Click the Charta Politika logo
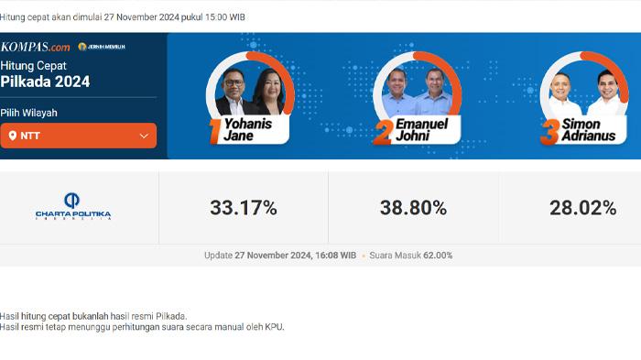[73, 207]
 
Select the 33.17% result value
[244, 208]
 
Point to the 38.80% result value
[413, 208]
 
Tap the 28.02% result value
[582, 208]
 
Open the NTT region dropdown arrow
[144, 136]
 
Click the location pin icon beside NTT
[13, 136]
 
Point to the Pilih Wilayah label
[29, 113]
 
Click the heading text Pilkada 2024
[46, 82]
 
